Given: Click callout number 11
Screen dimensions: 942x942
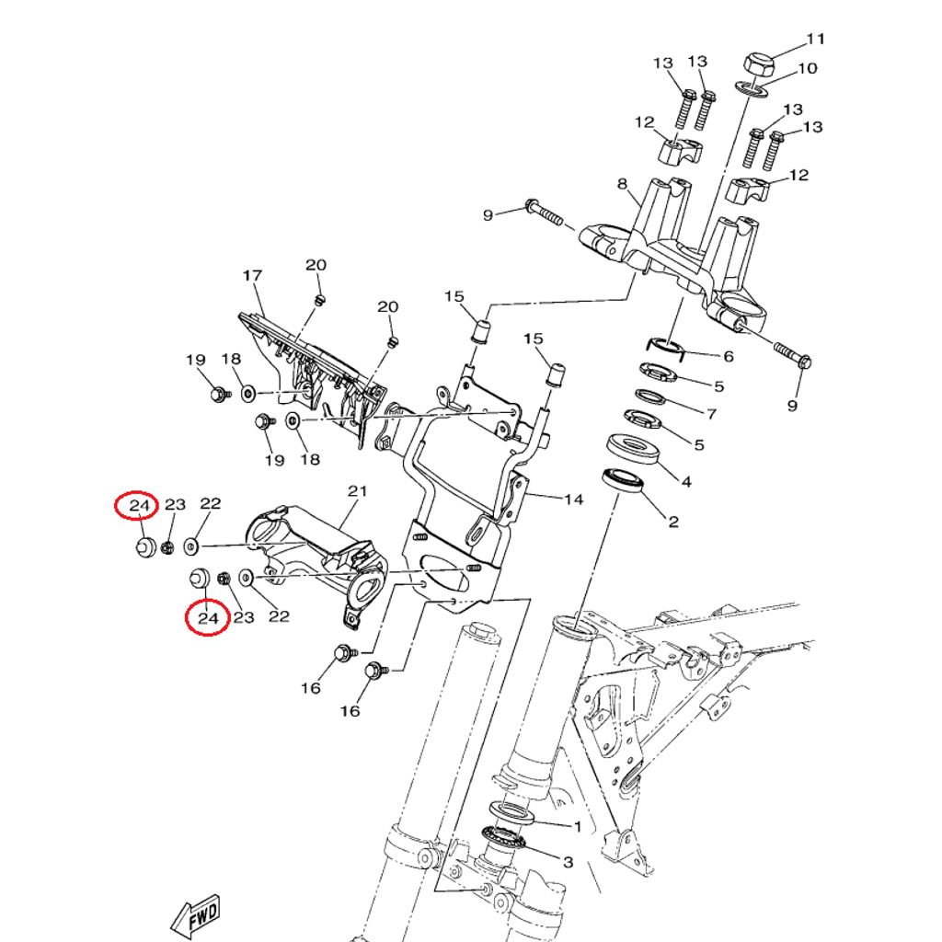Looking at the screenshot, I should pyautogui.click(x=816, y=40).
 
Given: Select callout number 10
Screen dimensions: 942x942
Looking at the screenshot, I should pyautogui.click(x=807, y=69).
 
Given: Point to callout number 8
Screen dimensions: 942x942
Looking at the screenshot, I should pyautogui.click(x=622, y=184).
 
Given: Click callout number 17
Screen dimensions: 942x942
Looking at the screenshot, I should pyautogui.click(x=253, y=276).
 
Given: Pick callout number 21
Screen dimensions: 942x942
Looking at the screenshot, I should pyautogui.click(x=357, y=491).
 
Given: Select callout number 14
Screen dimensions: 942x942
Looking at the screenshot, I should pyautogui.click(x=574, y=500).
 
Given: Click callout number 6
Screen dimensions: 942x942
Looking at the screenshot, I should pyautogui.click(x=729, y=356).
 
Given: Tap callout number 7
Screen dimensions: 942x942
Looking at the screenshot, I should pyautogui.click(x=710, y=414).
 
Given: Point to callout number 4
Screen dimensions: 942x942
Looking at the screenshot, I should pyautogui.click(x=685, y=481).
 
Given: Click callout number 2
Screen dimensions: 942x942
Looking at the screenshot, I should pyautogui.click(x=673, y=522).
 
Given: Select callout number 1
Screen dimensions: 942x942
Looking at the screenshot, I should pyautogui.click(x=578, y=827).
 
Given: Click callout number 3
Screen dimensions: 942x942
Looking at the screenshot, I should pyautogui.click(x=568, y=862).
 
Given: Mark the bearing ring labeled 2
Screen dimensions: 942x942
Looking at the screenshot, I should pyautogui.click(x=624, y=479).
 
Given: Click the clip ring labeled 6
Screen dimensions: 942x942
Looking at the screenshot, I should pyautogui.click(x=668, y=345).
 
